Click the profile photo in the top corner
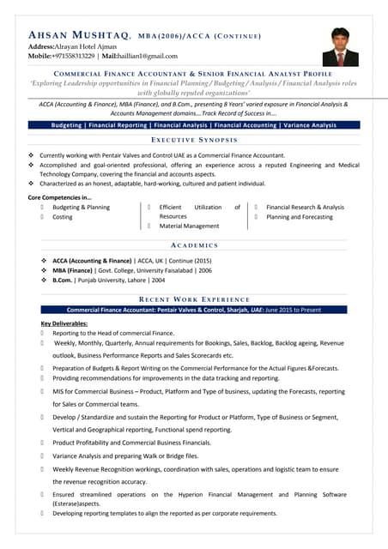(340, 46)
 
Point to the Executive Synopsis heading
(194, 139)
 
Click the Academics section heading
(194, 245)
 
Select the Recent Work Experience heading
(194, 299)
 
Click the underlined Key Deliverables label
(64, 323)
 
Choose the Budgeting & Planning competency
(81, 208)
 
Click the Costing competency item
(63, 217)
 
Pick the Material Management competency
(189, 226)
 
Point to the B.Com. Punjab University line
(108, 280)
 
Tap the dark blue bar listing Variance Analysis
(194, 125)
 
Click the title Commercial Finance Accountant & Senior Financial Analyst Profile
(194, 75)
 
